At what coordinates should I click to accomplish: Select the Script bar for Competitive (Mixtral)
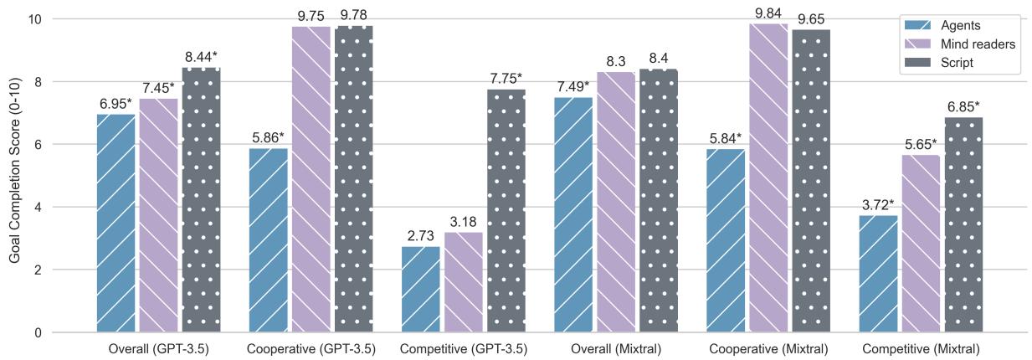coord(964,225)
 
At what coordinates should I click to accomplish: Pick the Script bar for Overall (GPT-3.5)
coord(201,200)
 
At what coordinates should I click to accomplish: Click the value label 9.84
coord(768,14)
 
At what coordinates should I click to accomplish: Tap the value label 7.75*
coord(506,80)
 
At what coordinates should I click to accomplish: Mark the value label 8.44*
coord(201,58)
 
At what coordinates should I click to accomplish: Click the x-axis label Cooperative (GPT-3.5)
coord(311,349)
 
